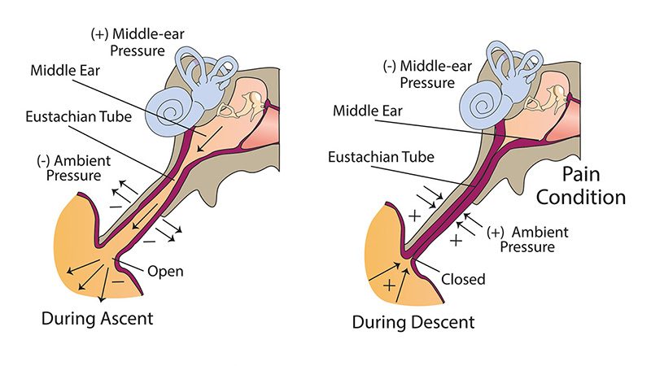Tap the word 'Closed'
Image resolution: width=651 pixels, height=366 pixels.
(463, 279)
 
